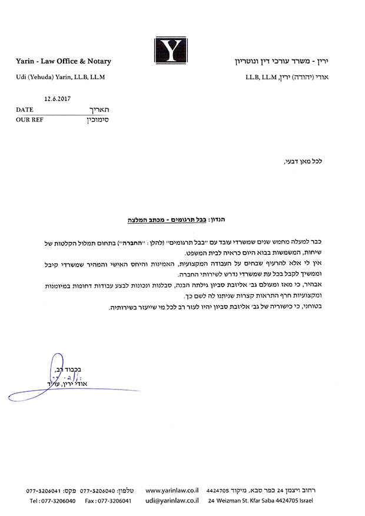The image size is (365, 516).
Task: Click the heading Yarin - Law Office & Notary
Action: tap(64, 61)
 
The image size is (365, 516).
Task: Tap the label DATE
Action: tap(25, 109)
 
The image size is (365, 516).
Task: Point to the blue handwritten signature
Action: tap(53, 377)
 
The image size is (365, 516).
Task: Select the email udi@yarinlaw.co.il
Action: tap(171, 500)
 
